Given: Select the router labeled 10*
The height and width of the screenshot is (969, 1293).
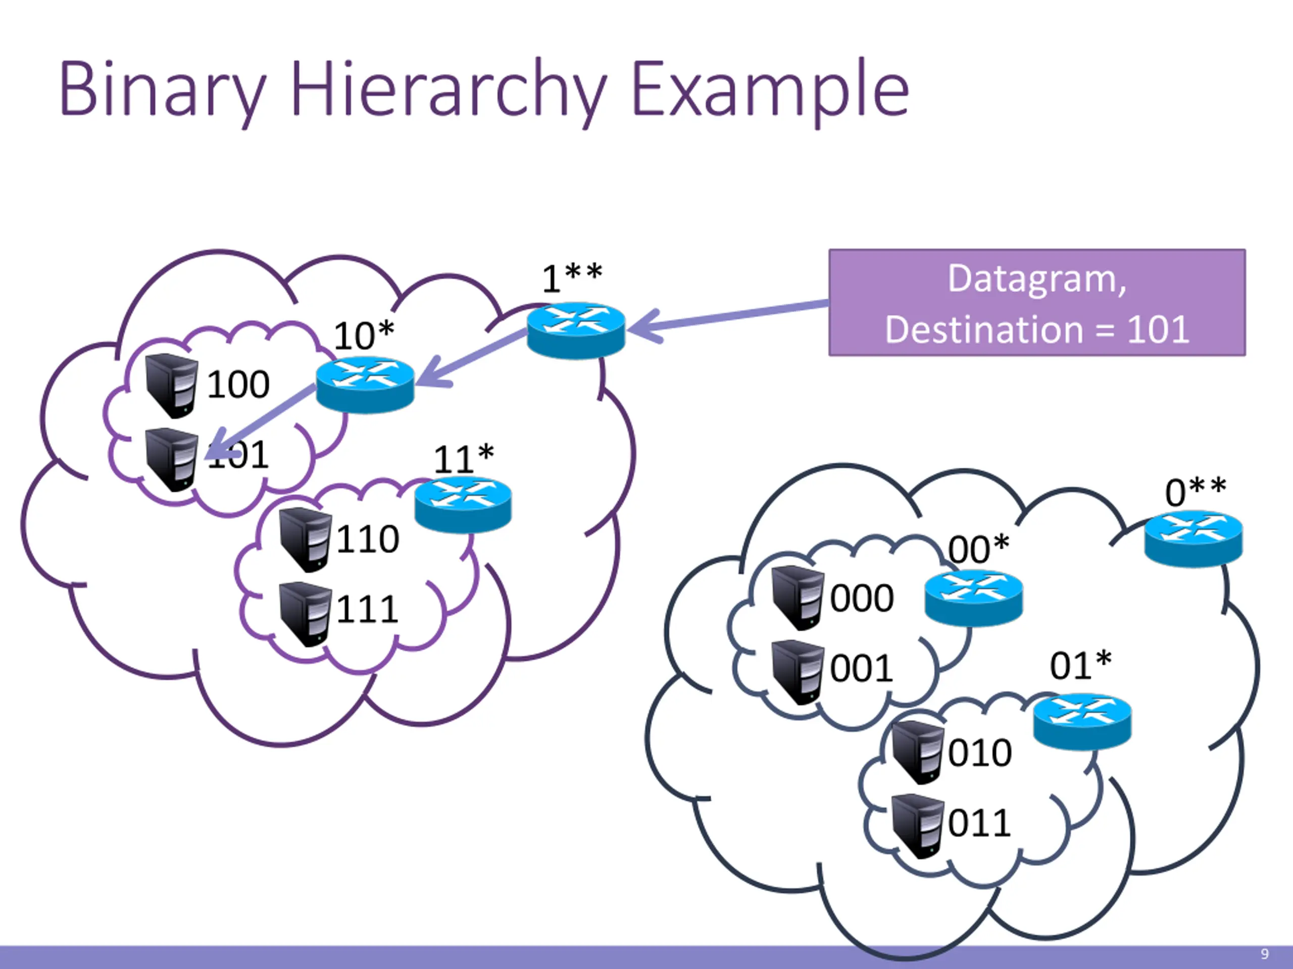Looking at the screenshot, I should tap(365, 385).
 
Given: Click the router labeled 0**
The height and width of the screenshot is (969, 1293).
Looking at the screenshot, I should tap(1193, 538).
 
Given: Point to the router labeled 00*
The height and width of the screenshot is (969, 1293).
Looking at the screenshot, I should tap(973, 599).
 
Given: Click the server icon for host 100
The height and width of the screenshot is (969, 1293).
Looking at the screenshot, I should tap(172, 385).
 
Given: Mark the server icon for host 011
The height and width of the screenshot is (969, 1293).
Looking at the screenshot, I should tap(917, 825).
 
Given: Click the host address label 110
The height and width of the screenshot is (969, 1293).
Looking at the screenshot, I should tap(368, 539).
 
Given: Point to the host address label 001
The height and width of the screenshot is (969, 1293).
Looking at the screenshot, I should tap(862, 669).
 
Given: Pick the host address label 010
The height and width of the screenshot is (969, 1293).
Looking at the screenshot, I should tap(980, 753).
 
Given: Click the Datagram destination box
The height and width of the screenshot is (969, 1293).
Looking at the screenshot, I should tap(1036, 302).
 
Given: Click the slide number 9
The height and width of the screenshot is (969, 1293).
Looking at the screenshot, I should tap(1264, 954).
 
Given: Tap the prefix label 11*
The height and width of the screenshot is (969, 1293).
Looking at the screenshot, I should tap(464, 459).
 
